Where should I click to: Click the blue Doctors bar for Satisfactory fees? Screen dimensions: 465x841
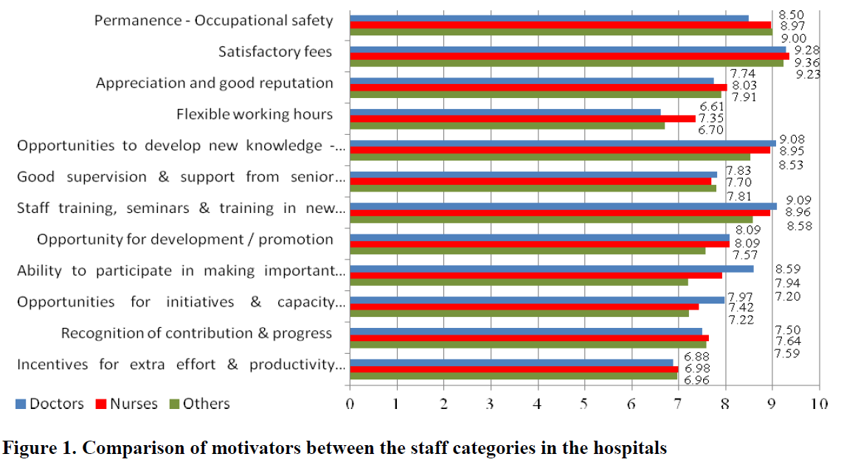tap(568, 49)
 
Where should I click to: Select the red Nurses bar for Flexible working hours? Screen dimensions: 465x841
tap(522, 118)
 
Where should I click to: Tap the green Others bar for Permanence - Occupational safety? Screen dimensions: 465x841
tap(561, 31)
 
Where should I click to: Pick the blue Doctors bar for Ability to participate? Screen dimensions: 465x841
tap(551, 269)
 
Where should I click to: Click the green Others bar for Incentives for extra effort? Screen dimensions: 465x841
tap(513, 376)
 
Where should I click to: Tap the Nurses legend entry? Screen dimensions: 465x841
tap(134, 404)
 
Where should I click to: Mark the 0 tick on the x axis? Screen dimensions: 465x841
tap(350, 405)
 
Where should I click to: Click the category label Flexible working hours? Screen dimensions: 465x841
tap(255, 114)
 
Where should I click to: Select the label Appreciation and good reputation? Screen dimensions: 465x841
tap(215, 83)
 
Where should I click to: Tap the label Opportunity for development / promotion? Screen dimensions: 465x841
tap(185, 240)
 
